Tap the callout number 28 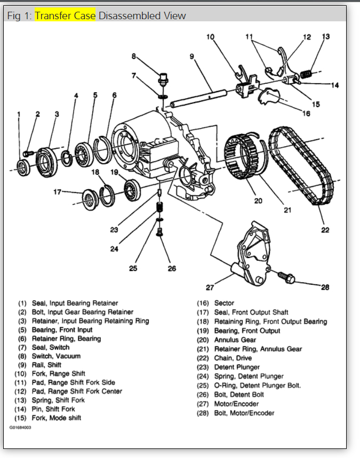click(x=325, y=288)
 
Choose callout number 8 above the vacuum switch click(x=134, y=56)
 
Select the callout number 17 click(x=58, y=191)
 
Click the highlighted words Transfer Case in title click(x=66, y=16)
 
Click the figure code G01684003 click(x=20, y=428)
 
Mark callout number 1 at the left click(x=19, y=114)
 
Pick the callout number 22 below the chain click(x=325, y=230)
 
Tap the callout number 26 click(x=171, y=268)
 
